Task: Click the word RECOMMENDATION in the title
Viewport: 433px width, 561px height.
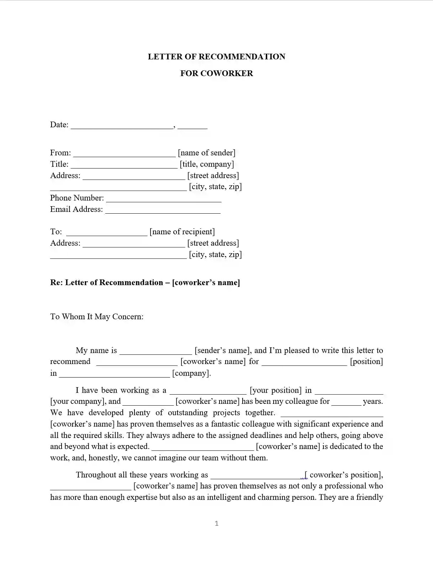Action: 242,57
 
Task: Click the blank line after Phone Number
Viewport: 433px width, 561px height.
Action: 164,199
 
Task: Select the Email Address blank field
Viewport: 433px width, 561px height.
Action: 163,210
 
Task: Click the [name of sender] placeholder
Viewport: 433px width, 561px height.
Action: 207,153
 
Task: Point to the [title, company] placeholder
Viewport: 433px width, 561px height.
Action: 207,164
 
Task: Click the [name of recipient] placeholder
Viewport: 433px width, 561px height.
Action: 182,232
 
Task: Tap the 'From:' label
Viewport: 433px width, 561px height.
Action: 60,153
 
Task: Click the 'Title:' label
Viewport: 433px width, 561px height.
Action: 59,164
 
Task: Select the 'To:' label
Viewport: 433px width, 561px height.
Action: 56,232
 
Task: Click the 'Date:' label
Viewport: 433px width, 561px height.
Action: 59,125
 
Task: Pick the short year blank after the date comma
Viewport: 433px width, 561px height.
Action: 192,126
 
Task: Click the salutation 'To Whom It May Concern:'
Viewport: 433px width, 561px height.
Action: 97,317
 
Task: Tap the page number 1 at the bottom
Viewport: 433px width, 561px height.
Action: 216,523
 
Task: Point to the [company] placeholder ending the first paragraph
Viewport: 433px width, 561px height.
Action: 191,373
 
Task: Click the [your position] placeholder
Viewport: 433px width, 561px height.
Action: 276,390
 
